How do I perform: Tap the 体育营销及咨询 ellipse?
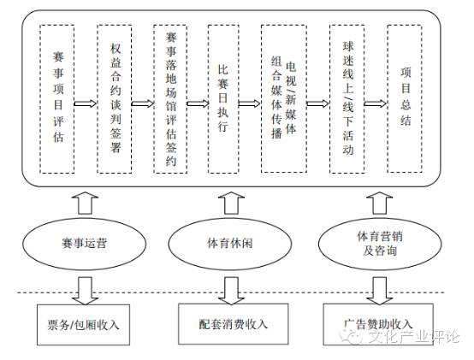365,242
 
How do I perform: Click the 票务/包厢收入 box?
83,324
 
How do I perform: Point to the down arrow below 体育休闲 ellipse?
227,290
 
